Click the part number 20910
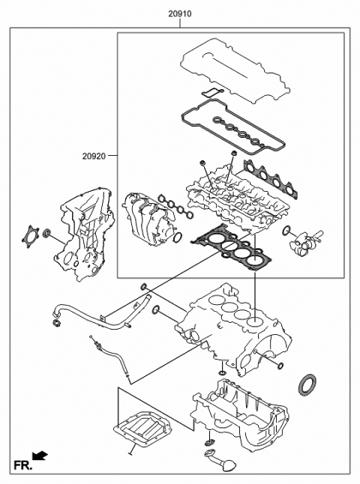(180, 13)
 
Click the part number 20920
(95, 156)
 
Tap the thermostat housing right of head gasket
(304, 241)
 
